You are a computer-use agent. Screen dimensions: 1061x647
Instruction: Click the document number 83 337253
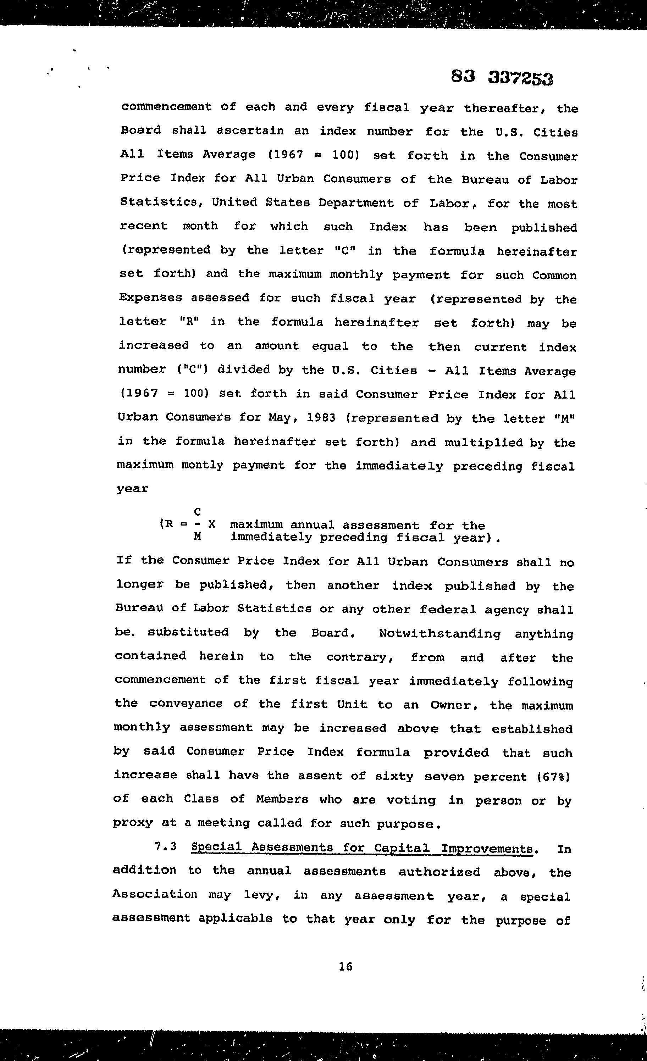pyautogui.click(x=502, y=78)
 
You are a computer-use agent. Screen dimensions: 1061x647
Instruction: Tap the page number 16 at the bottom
pyautogui.click(x=345, y=967)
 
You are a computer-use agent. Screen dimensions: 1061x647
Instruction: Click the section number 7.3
pyautogui.click(x=165, y=846)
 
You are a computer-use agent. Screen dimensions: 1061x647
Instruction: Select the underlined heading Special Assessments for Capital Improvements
pyautogui.click(x=362, y=848)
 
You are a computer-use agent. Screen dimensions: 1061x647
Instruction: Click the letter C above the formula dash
pyautogui.click(x=197, y=512)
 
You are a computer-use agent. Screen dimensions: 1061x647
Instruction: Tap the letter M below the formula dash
pyautogui.click(x=197, y=537)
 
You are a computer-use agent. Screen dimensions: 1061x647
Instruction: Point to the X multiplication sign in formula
pyautogui.click(x=211, y=524)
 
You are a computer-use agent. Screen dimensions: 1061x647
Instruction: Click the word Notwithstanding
pyautogui.click(x=439, y=634)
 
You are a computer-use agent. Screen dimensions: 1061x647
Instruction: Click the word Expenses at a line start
pyautogui.click(x=150, y=298)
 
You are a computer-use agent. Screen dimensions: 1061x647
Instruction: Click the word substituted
pyautogui.click(x=188, y=632)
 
